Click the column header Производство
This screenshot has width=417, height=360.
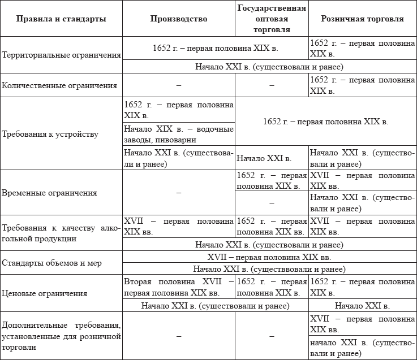pyautogui.click(x=179, y=19)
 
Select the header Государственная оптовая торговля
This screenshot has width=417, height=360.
pyautogui.click(x=272, y=19)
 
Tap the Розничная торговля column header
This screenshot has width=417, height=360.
pyautogui.click(x=362, y=19)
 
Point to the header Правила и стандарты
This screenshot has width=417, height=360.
pyautogui.click(x=61, y=19)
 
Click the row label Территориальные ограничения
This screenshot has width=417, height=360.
pyautogui.click(x=62, y=55)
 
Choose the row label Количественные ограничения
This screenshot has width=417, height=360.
pyautogui.click(x=60, y=85)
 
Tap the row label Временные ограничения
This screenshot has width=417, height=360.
pyautogui.click(x=49, y=193)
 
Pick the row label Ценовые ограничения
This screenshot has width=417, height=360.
pyautogui.click(x=45, y=293)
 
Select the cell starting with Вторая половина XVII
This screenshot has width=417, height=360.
pyautogui.click(x=179, y=287)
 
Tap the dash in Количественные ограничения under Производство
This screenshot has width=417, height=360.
pyautogui.click(x=179, y=85)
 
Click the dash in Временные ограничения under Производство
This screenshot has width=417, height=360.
pyautogui.click(x=179, y=193)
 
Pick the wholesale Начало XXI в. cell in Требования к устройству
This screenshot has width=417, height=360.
pyautogui.click(x=264, y=158)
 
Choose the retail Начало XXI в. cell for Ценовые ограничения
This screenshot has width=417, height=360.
pyautogui.click(x=362, y=306)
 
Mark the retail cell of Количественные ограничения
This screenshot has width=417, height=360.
pyautogui.click(x=362, y=85)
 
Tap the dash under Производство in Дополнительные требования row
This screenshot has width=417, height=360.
pyautogui.click(x=179, y=336)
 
